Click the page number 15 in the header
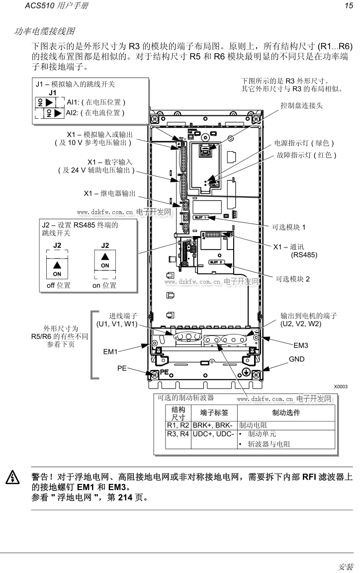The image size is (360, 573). point(348,6)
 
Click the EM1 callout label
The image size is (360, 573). point(110,352)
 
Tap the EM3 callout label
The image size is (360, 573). point(301,345)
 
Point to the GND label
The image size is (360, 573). point(296,359)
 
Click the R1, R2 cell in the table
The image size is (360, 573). point(178,425)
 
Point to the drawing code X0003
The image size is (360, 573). point(340,386)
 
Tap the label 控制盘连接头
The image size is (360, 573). point(301,105)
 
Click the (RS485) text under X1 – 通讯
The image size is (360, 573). point(304,255)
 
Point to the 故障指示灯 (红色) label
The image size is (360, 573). point(307,155)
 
